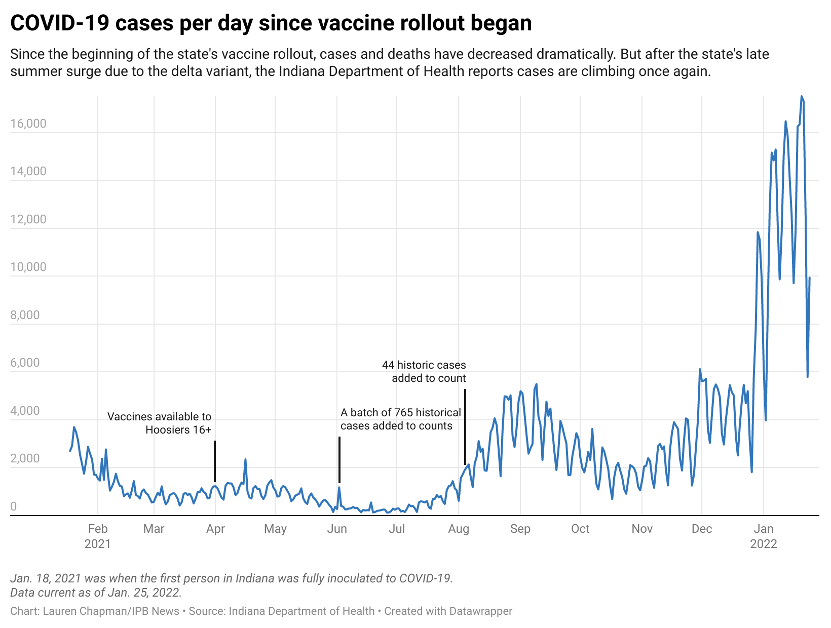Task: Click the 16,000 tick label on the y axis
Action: click(x=28, y=124)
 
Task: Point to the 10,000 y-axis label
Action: click(x=28, y=267)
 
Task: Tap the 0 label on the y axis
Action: click(x=13, y=506)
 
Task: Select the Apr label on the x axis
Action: click(x=215, y=529)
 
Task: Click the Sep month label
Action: click(x=520, y=529)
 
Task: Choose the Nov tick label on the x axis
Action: click(x=641, y=529)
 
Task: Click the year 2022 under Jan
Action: click(x=764, y=544)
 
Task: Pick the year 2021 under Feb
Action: click(x=98, y=544)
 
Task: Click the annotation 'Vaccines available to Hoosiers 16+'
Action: click(x=160, y=423)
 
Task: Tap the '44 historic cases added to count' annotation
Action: click(x=424, y=372)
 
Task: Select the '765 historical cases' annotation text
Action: click(x=400, y=419)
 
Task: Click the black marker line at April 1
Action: click(x=215, y=461)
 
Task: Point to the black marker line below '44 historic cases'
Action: click(x=465, y=427)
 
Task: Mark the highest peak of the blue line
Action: click(x=802, y=96)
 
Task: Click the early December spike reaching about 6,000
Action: click(x=700, y=369)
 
